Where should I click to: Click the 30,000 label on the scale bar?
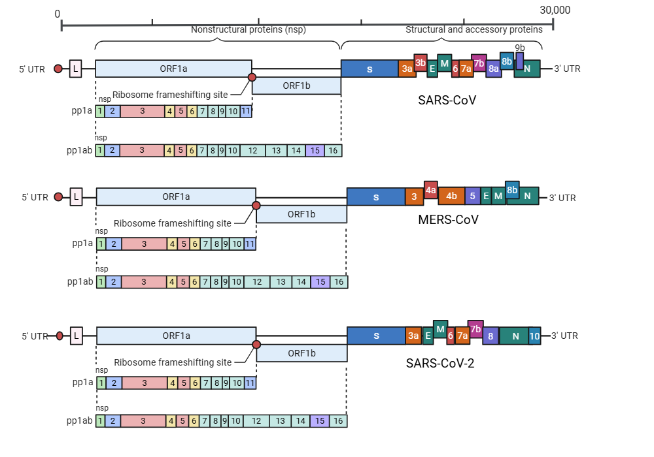[555, 10]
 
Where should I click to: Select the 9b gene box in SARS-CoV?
[519, 61]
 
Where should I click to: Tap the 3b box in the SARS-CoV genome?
[421, 63]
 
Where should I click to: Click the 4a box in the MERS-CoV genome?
[430, 189]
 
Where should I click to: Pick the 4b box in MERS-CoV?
[451, 196]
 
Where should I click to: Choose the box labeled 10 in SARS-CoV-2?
[534, 336]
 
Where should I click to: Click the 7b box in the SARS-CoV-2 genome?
[475, 328]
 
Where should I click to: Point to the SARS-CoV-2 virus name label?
[439, 364]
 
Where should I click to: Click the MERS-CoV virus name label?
[448, 219]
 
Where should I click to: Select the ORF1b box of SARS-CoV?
[296, 86]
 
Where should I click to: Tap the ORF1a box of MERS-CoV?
[176, 196]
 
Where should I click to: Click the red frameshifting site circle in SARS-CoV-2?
[256, 344]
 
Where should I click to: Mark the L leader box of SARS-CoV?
[75, 69]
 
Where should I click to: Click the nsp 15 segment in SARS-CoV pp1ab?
[315, 151]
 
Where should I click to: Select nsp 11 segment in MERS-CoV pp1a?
[250, 244]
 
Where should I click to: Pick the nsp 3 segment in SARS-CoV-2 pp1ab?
[144, 421]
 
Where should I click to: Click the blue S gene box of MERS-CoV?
[376, 197]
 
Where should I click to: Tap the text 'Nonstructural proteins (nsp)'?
[248, 29]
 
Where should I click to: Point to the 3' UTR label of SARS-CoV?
[567, 69]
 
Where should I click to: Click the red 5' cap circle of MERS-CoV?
[58, 197]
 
